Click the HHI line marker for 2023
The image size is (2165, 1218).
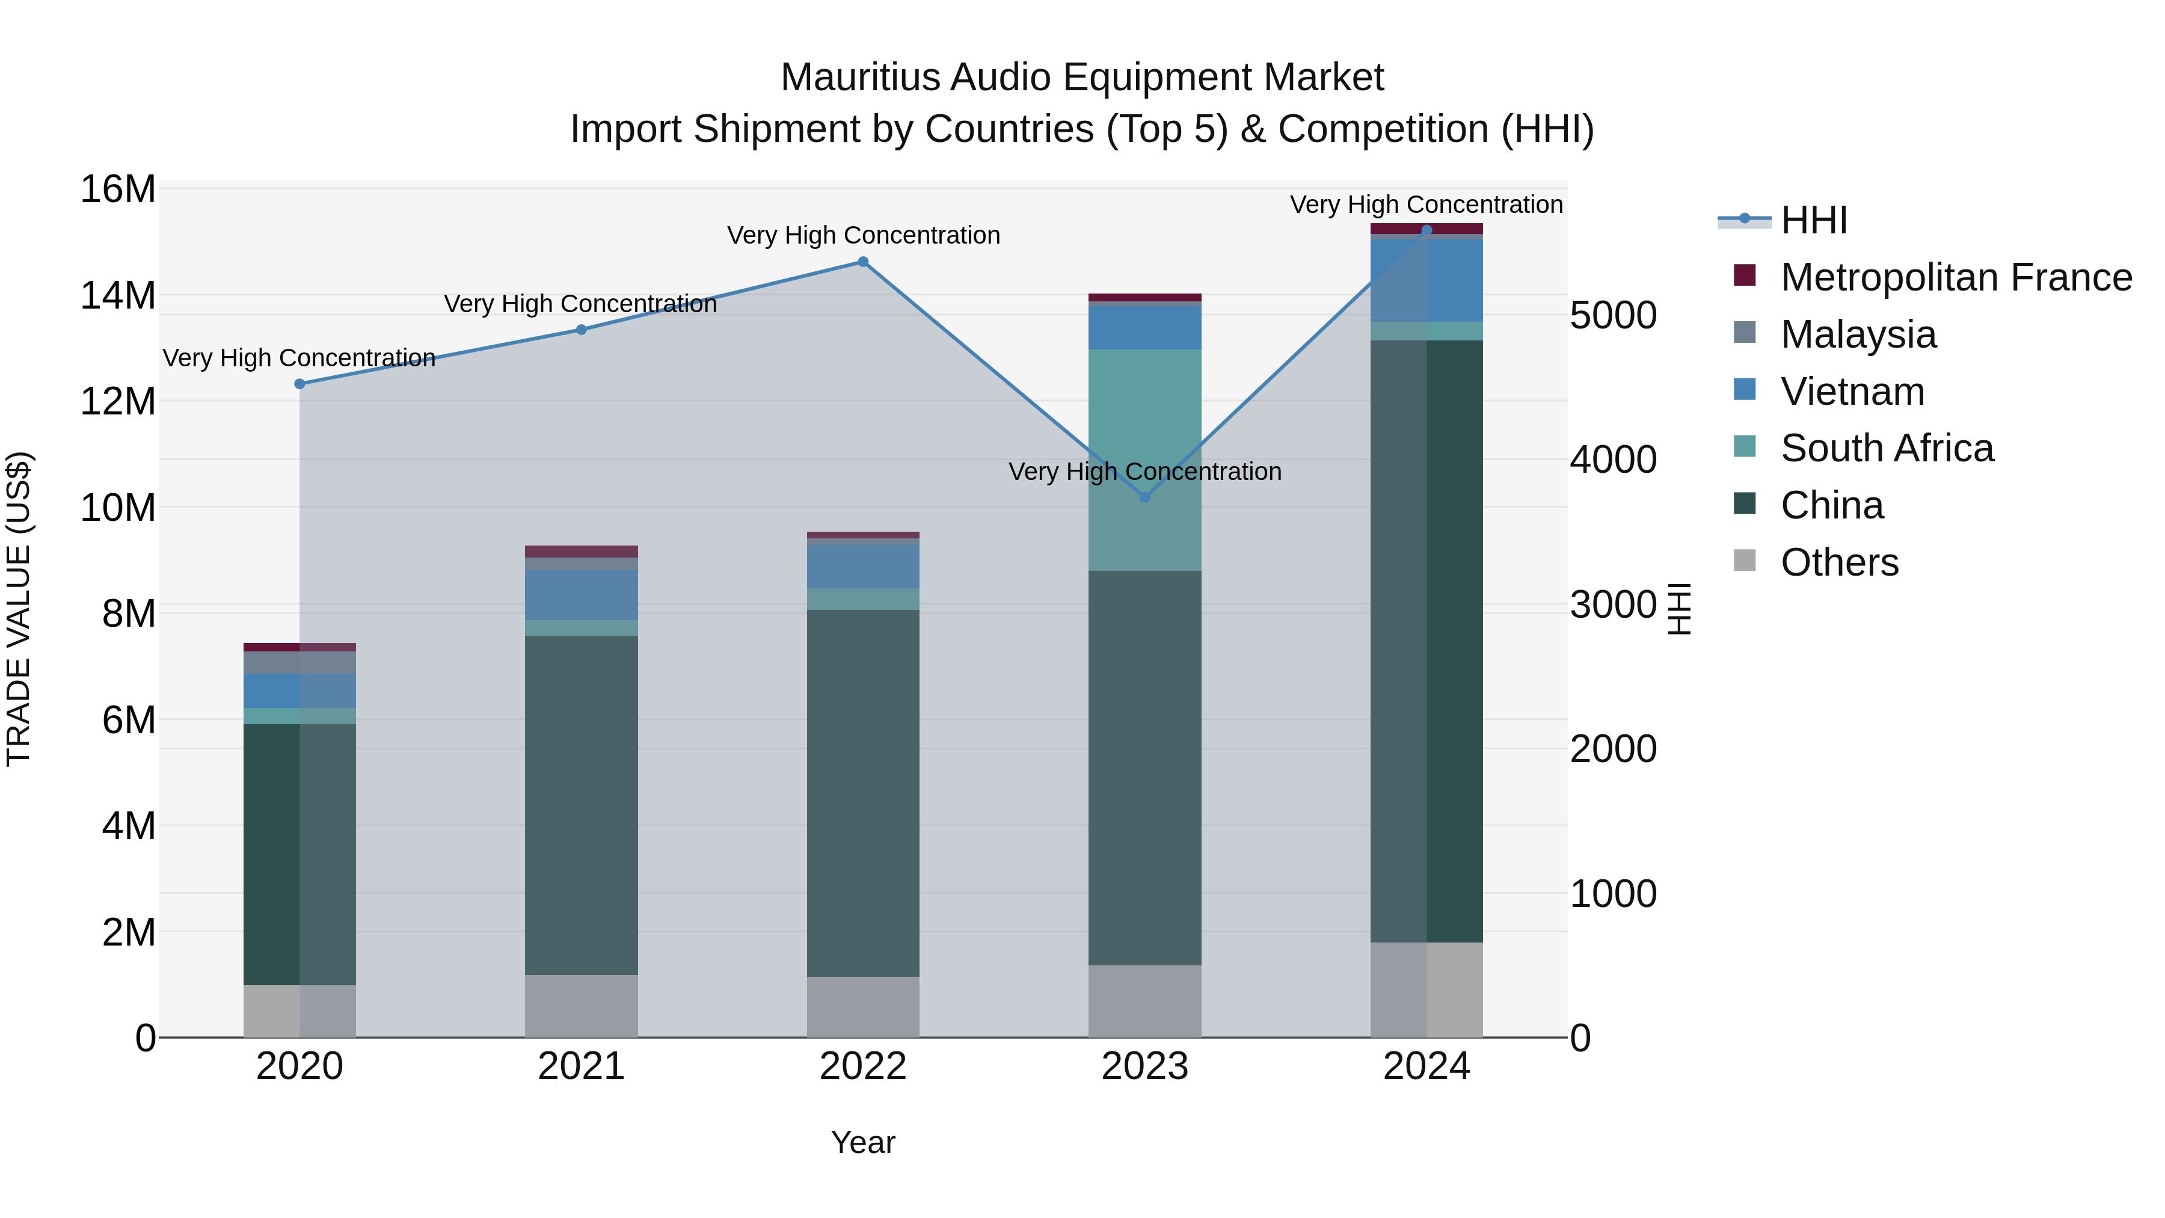pos(1144,497)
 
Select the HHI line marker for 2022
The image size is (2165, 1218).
pos(862,262)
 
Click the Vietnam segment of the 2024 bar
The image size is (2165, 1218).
pos(1426,280)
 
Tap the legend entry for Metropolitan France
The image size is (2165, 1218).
pos(1956,277)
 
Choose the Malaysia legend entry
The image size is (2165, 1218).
pos(1858,334)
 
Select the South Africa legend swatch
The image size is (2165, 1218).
pos(1745,447)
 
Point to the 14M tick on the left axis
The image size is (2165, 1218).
pos(118,295)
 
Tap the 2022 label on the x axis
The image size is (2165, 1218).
pos(862,1066)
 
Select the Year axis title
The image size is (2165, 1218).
pos(862,1142)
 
